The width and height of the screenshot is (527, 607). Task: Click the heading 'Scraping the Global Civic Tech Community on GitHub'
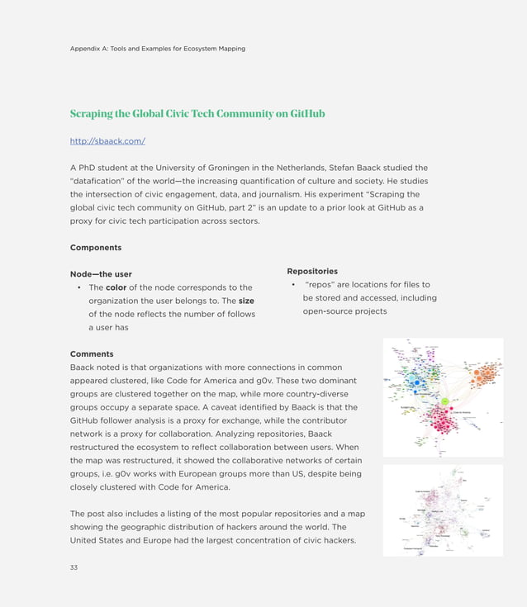tap(197, 113)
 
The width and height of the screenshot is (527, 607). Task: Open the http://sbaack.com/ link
tap(107, 141)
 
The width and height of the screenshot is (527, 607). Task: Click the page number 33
tap(74, 567)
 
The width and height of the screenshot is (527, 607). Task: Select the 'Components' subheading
tap(96, 247)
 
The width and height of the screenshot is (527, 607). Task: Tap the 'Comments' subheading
tap(92, 353)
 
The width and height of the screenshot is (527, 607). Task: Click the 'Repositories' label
tap(311, 271)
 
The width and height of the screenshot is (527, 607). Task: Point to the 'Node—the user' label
tap(101, 274)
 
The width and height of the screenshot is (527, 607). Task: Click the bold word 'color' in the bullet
tap(116, 287)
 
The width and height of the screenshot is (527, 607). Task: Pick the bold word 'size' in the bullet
tap(246, 301)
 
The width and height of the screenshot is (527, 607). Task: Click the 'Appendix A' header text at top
tap(157, 49)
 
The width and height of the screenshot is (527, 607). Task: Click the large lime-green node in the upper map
tap(444, 401)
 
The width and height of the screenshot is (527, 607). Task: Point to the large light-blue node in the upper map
tap(416, 382)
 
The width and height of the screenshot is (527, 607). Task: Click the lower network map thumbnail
tap(443, 510)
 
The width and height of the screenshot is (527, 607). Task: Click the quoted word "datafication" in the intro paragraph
tap(103, 181)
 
